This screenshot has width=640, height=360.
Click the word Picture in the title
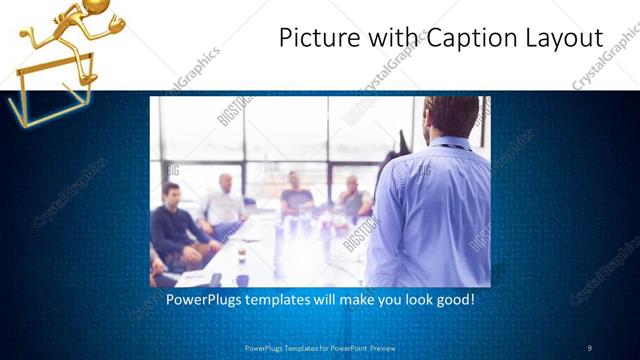pos(313,38)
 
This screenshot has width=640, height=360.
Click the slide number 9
pos(590,347)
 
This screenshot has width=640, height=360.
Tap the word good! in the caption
pos(453,299)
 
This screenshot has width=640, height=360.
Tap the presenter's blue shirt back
pos(430,210)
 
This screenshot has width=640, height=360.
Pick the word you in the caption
pos(383,299)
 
